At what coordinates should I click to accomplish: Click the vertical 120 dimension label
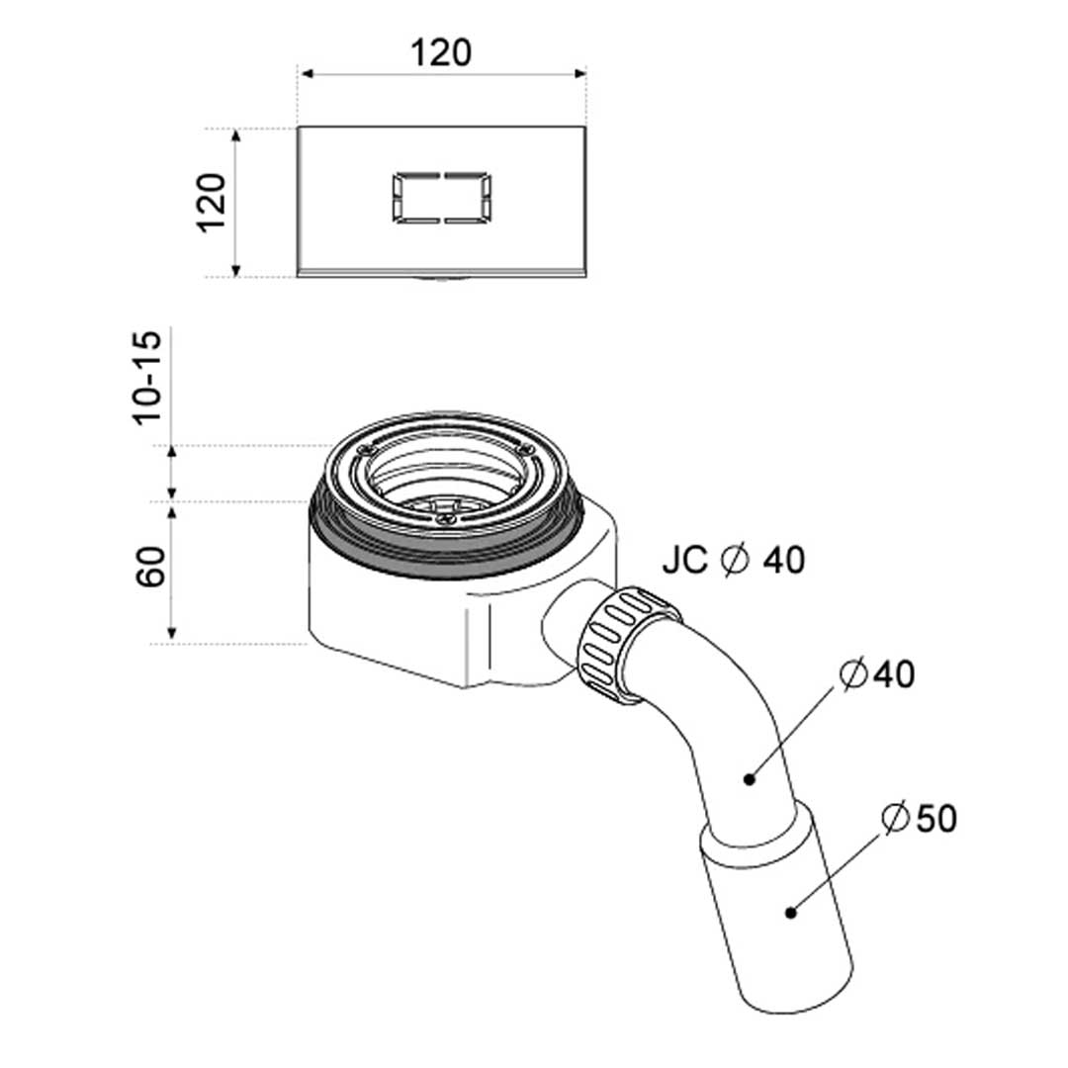click(212, 203)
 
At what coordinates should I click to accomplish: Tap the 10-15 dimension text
click(147, 378)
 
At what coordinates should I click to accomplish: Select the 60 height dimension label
click(150, 566)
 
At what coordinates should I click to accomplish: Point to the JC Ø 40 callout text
click(733, 560)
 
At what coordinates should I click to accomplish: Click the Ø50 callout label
click(919, 818)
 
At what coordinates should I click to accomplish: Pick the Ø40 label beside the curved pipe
click(877, 674)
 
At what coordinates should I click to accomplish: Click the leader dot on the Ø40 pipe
click(750, 779)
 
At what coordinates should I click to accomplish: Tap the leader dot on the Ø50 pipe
click(790, 912)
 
